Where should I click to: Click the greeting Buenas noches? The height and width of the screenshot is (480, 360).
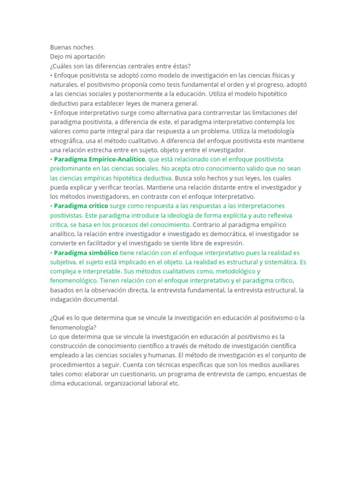72,47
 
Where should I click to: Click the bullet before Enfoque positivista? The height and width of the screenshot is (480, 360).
51,75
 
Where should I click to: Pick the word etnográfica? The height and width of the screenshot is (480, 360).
69,141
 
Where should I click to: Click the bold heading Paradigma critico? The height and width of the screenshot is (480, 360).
81,206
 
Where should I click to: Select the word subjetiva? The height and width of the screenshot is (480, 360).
64,262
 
